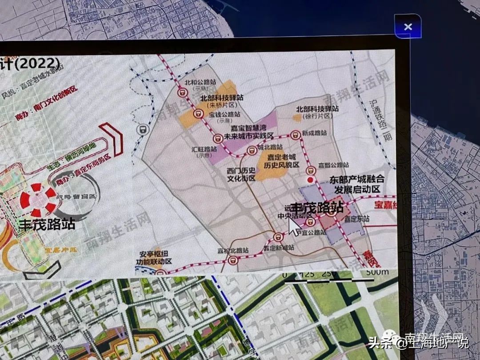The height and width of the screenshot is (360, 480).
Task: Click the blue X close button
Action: coord(408,27)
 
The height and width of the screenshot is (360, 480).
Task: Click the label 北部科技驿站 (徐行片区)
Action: coord(318,112)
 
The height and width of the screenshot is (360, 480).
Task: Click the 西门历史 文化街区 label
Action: coord(241,174)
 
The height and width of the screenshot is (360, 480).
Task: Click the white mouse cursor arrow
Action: coord(294,226)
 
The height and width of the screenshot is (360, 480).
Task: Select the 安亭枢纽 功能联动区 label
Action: coord(156,258)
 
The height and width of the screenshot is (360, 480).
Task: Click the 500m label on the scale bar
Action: coord(377,272)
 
